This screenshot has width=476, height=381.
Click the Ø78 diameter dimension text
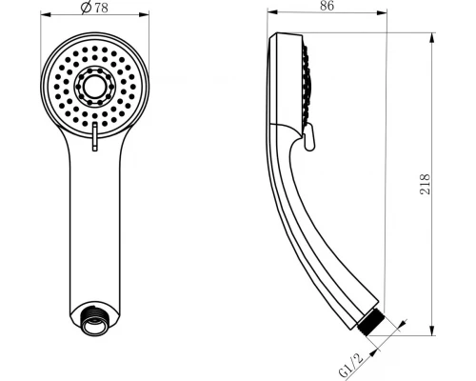pyautogui.click(x=93, y=8)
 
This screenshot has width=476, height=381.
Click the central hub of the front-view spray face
pyautogui.click(x=94, y=87)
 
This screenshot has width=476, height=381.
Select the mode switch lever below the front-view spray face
pyautogui.click(x=94, y=140)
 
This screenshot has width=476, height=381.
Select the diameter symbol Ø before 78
pyautogui.click(x=86, y=8)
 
